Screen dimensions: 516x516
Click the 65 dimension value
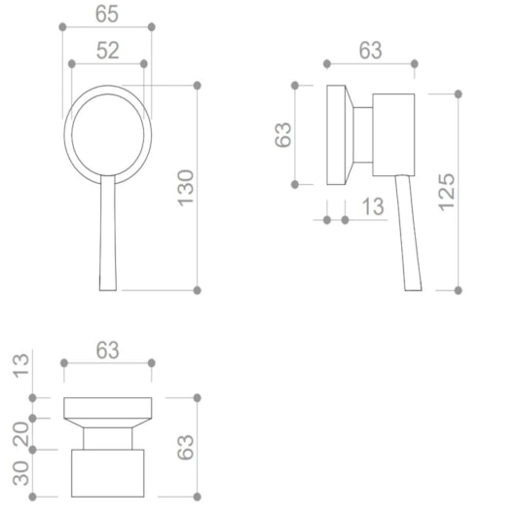pyautogui.click(x=107, y=15)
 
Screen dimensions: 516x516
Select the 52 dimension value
pyautogui.click(x=108, y=51)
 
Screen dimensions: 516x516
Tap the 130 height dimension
pyautogui.click(x=186, y=188)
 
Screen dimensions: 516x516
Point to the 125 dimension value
pyautogui.click(x=447, y=192)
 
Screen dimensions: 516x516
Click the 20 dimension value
pyautogui.click(x=21, y=434)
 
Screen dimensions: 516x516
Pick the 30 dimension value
pyautogui.click(x=21, y=473)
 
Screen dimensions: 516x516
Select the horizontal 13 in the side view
pyautogui.click(x=373, y=206)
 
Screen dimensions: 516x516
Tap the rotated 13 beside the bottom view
pyautogui.click(x=21, y=366)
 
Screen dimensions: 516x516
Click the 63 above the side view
pyautogui.click(x=371, y=51)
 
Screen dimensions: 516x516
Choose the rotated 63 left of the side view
pyautogui.click(x=283, y=134)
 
